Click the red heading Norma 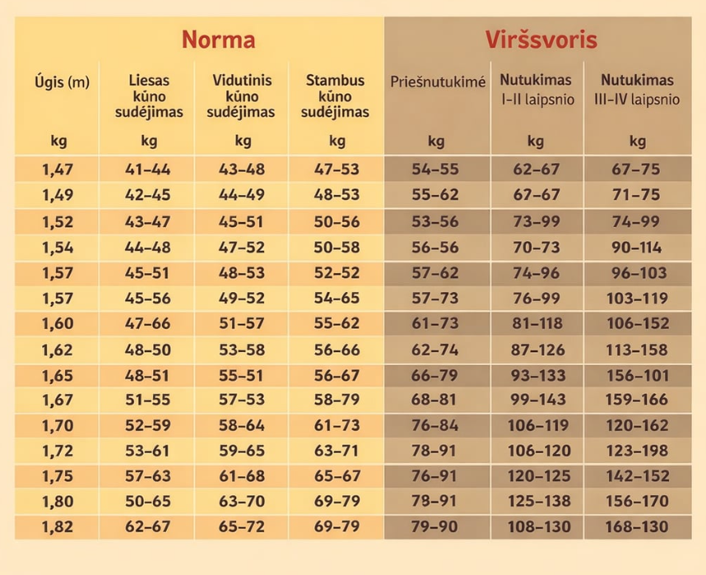(218, 40)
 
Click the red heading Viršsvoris (541, 40)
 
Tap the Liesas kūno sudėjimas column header (149, 96)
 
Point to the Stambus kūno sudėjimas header (336, 96)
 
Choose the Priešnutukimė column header (437, 82)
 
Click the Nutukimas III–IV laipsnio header (636, 90)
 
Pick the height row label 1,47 (58, 170)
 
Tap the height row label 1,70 (58, 425)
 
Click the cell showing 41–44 (147, 170)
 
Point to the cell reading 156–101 (636, 374)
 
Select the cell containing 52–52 (337, 272)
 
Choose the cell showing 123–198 (636, 451)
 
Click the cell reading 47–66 (147, 323)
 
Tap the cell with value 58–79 (337, 400)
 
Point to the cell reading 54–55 (436, 170)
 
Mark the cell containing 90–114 (636, 247)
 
